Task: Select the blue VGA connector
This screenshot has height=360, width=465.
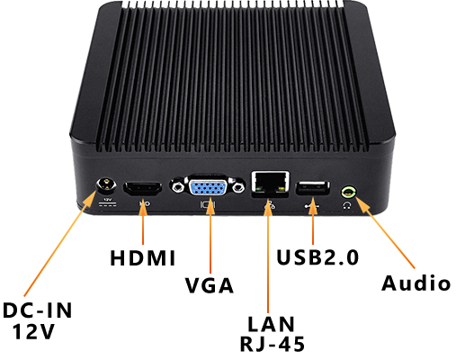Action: point(210,188)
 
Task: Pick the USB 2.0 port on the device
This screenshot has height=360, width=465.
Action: point(311,187)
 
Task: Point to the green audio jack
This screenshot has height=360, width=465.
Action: point(349,190)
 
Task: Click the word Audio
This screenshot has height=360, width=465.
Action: point(415,283)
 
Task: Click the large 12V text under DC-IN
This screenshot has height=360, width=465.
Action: point(36,332)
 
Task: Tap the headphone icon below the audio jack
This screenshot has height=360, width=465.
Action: point(346,205)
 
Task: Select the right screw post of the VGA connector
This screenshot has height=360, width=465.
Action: point(238,188)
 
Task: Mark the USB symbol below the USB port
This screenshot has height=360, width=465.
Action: point(311,205)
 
